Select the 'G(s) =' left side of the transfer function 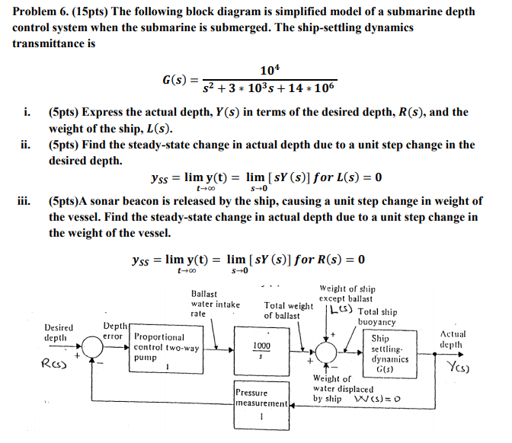click(180, 80)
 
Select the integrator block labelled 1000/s click(261, 350)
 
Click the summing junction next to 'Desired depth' click(94, 350)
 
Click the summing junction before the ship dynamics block click(328, 351)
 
